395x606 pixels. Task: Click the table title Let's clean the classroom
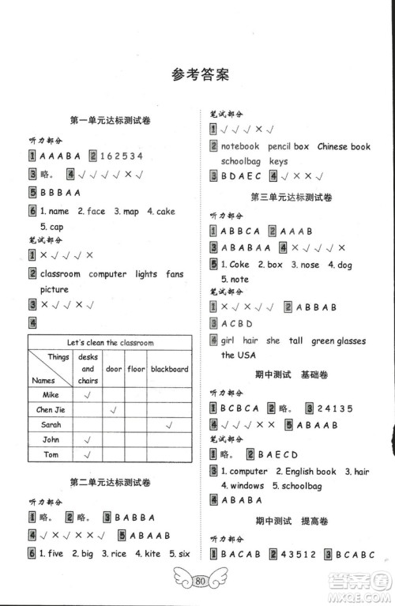coord(110,343)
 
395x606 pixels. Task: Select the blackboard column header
coord(170,368)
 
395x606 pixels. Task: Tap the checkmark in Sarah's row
coord(170,424)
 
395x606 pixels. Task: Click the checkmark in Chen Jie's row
coord(114,409)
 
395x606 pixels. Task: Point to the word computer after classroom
coord(107,274)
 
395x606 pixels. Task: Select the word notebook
coord(240,146)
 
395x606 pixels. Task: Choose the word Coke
coord(239,265)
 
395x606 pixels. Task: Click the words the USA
coord(239,356)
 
